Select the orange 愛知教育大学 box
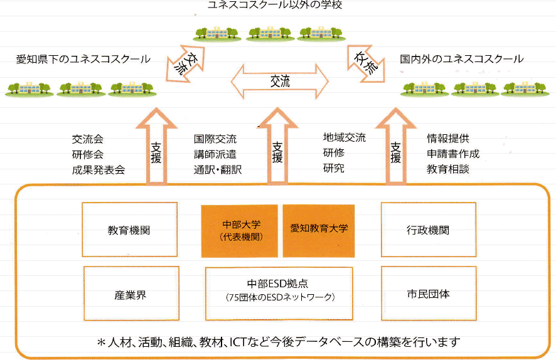[x=319, y=231]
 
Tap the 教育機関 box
[x=129, y=230]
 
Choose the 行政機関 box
[x=429, y=230]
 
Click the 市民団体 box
[x=429, y=294]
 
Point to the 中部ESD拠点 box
[x=280, y=290]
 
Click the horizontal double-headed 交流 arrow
[x=280, y=81]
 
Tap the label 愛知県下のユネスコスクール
[x=83, y=60]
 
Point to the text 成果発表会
[x=99, y=169]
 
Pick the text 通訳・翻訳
[x=218, y=169]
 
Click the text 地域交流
[x=345, y=138]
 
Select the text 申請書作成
[x=453, y=154]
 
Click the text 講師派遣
[x=215, y=154]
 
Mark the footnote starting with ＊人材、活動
[x=279, y=342]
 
